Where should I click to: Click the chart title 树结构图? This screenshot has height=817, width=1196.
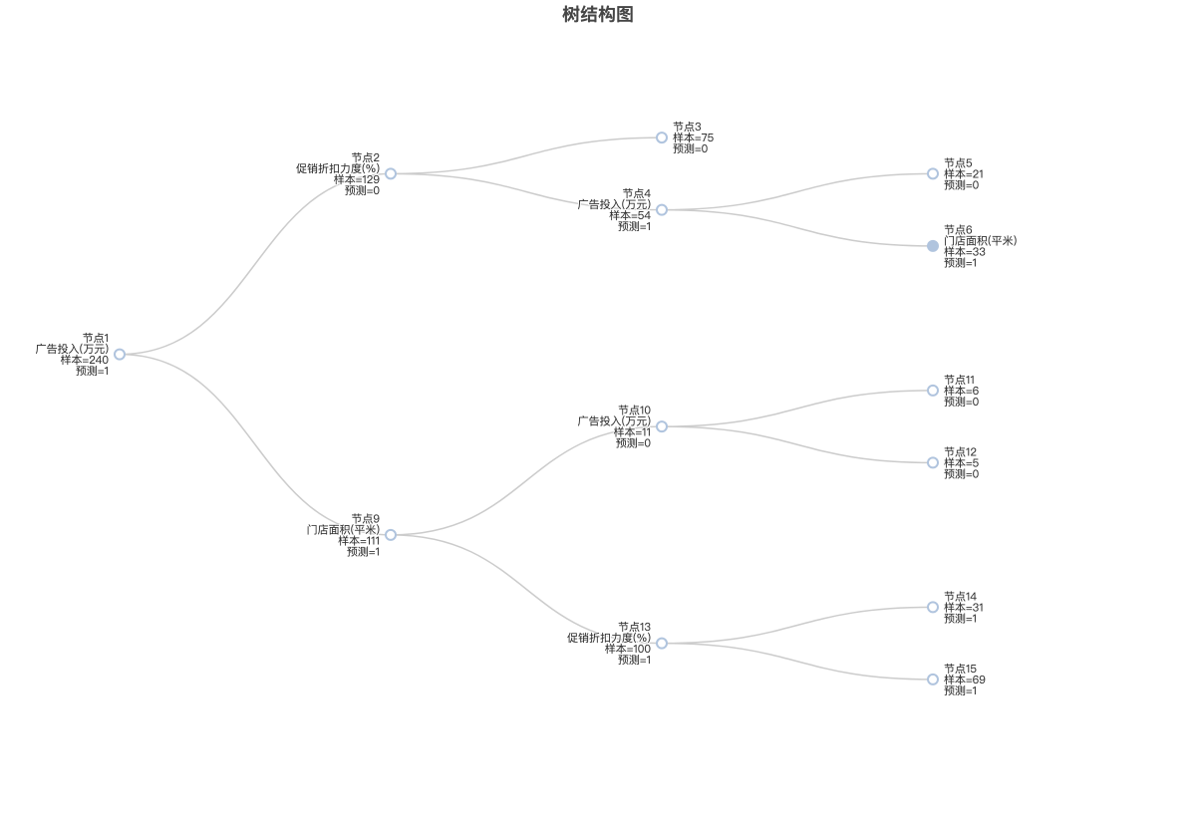tap(598, 14)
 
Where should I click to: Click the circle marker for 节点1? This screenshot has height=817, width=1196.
tap(120, 355)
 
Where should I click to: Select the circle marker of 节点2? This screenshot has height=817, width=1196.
tap(391, 174)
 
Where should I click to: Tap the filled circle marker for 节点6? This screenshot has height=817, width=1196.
tap(933, 246)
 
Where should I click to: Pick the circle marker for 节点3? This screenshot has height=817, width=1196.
tap(662, 137)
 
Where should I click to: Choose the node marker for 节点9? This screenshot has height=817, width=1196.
tap(391, 535)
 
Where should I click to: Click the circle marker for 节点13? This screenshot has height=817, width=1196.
tap(662, 643)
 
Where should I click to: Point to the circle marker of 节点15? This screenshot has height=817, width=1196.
tap(933, 680)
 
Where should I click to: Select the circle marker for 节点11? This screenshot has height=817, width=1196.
tap(933, 391)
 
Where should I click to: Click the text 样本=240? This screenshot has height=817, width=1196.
tap(85, 361)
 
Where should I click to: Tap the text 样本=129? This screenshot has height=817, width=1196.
tap(357, 179)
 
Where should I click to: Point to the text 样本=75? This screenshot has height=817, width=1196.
tap(693, 137)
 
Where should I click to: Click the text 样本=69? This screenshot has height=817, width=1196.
tap(965, 680)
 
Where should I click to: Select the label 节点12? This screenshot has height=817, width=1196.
tap(960, 452)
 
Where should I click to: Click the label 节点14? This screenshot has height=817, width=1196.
tap(960, 597)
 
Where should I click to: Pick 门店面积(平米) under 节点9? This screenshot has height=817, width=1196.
tap(343, 530)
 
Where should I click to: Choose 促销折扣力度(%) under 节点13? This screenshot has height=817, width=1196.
tap(609, 638)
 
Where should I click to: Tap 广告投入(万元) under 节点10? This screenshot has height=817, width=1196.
tap(615, 421)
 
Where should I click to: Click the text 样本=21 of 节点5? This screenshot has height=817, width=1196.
tap(963, 174)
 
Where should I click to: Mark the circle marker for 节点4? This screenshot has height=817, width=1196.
tap(662, 209)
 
